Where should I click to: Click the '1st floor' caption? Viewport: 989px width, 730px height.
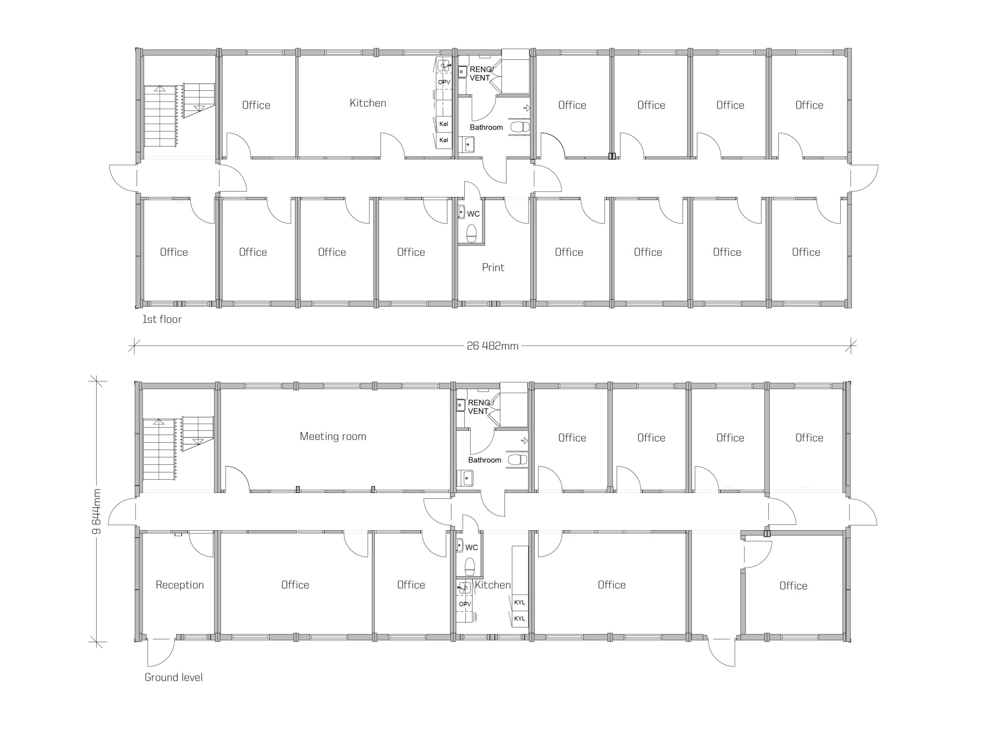pos(162,319)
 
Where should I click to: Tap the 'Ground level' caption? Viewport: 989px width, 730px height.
pos(174,677)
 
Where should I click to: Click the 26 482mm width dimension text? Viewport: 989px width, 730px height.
pos(493,346)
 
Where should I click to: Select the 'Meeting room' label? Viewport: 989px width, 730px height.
pos(333,436)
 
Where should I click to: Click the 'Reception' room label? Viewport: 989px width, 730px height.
pos(180,585)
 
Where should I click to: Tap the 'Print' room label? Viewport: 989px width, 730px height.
pos(493,267)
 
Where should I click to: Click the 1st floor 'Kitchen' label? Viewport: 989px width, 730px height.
pos(368,103)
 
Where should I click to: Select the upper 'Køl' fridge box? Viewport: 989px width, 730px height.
pos(444,124)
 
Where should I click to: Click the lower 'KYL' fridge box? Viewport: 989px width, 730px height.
pos(520,619)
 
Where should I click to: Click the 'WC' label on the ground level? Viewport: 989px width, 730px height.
pos(472,548)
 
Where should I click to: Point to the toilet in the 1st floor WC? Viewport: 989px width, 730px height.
pos(472,233)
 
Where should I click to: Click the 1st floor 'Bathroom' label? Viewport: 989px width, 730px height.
pos(486,127)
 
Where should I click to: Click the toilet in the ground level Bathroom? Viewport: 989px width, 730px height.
pos(517,460)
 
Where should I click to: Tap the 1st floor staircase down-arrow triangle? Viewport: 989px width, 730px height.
pos(199,108)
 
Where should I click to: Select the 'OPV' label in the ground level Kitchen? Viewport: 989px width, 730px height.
pos(465,604)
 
